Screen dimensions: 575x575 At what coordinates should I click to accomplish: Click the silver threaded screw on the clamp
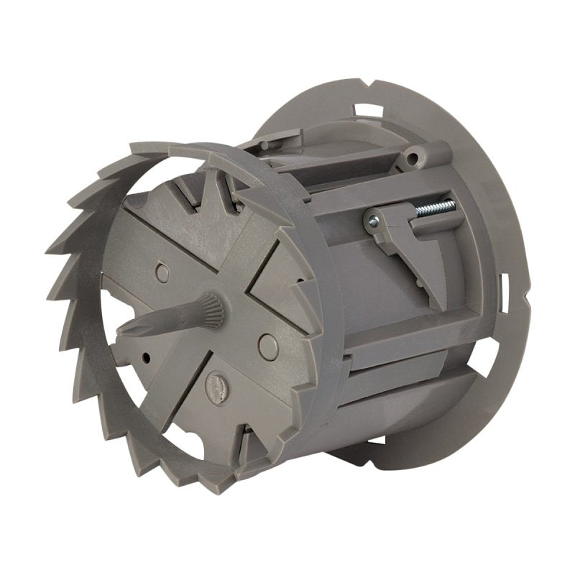coord(435,208)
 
